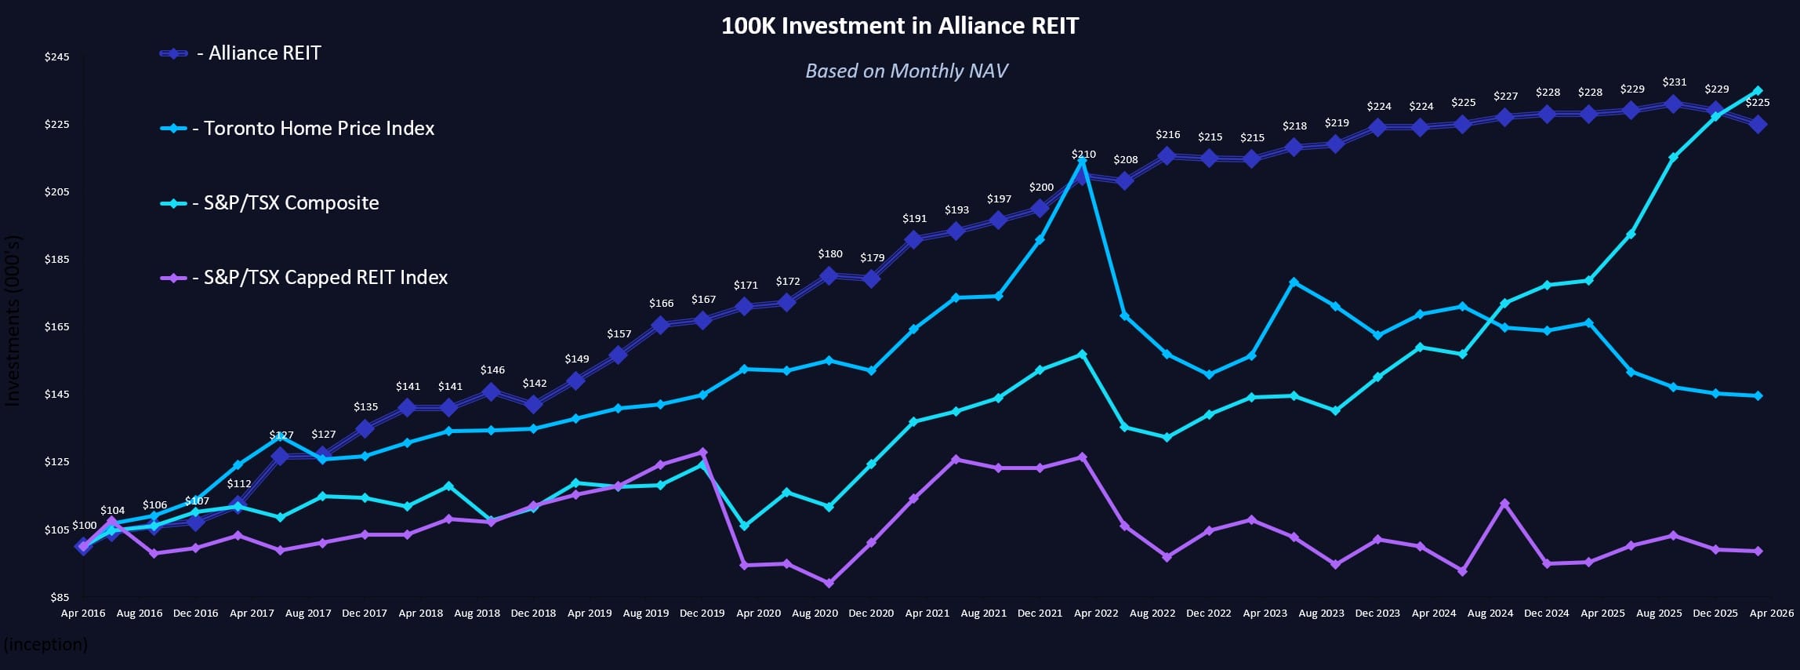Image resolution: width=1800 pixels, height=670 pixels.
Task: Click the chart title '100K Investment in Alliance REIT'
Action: [899, 26]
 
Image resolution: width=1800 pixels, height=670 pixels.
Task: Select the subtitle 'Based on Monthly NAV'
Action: [906, 71]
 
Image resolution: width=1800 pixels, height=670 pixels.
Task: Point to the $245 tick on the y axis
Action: [56, 57]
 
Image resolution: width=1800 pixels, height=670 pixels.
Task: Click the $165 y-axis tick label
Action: [56, 327]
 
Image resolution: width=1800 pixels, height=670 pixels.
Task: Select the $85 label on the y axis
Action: [60, 597]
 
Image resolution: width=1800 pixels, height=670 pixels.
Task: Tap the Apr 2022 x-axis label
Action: [1096, 614]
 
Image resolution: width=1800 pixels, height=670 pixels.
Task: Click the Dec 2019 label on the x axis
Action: [702, 614]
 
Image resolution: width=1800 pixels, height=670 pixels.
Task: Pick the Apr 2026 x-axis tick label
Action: [1771, 614]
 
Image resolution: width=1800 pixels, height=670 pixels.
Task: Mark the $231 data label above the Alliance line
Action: [1674, 82]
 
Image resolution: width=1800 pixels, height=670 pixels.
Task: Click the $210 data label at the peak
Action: [1083, 155]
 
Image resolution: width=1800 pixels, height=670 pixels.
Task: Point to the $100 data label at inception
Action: [85, 526]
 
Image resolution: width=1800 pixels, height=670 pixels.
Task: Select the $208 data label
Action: [1125, 160]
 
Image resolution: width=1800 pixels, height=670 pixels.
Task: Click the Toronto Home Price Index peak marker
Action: [1083, 162]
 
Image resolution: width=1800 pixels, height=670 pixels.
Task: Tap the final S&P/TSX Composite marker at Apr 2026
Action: [1758, 91]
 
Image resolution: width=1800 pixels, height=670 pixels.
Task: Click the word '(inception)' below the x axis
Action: [45, 645]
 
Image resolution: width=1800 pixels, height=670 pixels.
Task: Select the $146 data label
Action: [492, 370]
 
